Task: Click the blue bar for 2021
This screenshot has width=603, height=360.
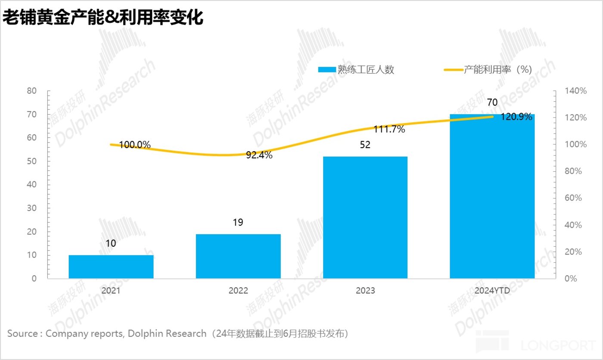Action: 111,267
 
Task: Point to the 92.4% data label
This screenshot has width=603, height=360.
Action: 259,155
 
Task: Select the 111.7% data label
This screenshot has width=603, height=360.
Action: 389,129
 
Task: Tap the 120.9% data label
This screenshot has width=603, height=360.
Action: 516,117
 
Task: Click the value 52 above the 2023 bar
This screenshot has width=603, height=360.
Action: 365,145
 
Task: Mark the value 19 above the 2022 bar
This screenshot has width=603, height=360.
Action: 238,223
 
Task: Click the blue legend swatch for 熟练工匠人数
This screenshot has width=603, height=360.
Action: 326,70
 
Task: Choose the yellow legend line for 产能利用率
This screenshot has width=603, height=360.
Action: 453,70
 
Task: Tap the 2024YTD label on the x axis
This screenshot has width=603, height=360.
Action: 492,291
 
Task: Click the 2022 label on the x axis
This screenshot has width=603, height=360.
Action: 238,291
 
